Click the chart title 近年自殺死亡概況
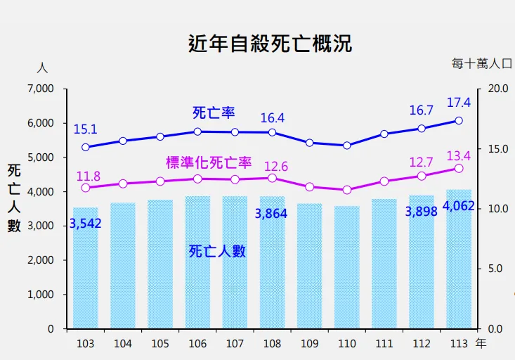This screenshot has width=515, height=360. [x=270, y=44]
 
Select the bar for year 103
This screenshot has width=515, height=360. [x=86, y=267]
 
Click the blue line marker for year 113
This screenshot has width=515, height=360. [x=459, y=121]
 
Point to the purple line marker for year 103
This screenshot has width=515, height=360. [x=86, y=188]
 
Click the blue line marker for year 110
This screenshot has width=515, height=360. [x=347, y=146]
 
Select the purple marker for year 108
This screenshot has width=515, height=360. [x=272, y=178]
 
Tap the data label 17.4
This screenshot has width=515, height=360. [x=459, y=103]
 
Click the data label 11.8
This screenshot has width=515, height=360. [x=88, y=176]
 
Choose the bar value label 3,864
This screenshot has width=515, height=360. [x=270, y=214]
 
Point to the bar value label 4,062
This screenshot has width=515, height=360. [x=459, y=207]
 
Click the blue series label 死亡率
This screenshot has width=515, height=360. [x=214, y=112]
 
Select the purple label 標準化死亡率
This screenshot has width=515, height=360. [x=209, y=163]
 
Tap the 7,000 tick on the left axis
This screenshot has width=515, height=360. [x=40, y=89]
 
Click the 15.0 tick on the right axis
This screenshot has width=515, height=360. [x=497, y=149]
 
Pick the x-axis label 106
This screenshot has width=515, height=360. [x=197, y=343]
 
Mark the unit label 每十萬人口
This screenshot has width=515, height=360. [x=482, y=63]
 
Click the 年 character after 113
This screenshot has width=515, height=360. [x=481, y=343]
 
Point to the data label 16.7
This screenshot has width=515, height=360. [x=421, y=110]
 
